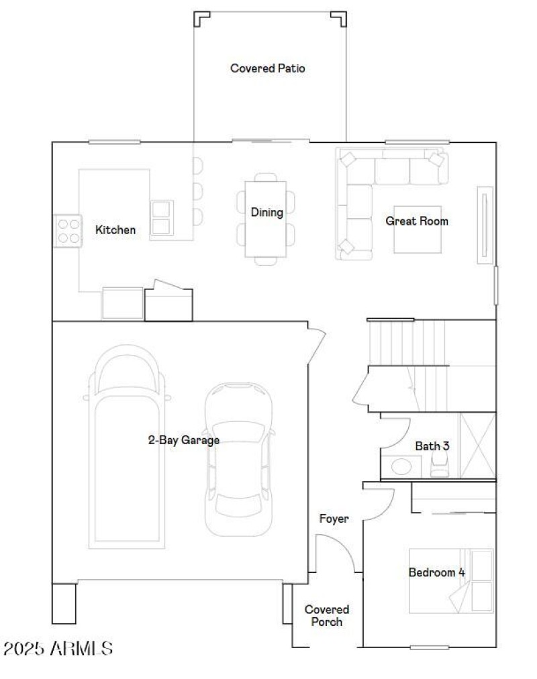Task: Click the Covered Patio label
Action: coord(268,68)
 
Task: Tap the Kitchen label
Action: coord(115,230)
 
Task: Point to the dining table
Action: coord(265,219)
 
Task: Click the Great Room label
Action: coord(416,221)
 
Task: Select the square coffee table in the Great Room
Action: coord(417,229)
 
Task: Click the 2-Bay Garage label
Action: coord(183,440)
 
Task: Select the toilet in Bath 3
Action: coord(439,464)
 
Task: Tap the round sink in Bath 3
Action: coord(401,466)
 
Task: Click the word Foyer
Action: coord(334,519)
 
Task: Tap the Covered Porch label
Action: coord(327,615)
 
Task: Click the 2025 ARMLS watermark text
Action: coord(58,649)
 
